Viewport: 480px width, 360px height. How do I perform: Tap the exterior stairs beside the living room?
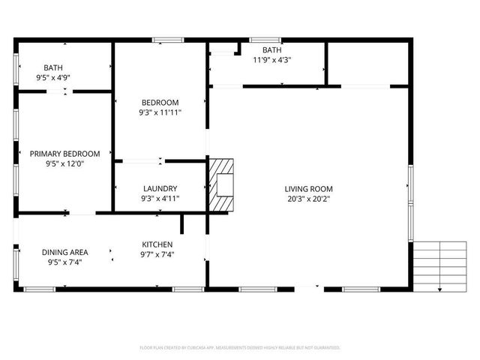click(440, 266)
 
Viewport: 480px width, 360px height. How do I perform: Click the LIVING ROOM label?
click(308, 189)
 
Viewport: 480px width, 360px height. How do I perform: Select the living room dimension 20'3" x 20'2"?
click(308, 199)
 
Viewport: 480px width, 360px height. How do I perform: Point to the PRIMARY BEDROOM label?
click(64, 154)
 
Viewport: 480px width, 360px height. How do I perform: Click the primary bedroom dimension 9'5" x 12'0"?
click(64, 163)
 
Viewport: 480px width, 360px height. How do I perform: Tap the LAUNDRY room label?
click(160, 188)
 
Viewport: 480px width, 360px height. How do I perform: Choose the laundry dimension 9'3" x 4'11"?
click(160, 199)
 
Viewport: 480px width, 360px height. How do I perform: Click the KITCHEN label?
click(157, 244)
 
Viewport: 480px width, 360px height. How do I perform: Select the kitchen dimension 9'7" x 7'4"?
click(157, 255)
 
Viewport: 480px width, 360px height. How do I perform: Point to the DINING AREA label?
click(64, 252)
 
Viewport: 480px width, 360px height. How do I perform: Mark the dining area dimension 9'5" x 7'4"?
click(64, 262)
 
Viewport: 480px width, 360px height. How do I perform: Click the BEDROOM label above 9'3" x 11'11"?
click(160, 102)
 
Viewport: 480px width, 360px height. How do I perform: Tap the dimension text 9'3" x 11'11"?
click(160, 112)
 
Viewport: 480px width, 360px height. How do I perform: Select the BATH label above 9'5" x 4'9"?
click(53, 67)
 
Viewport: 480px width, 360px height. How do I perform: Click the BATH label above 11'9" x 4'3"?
click(271, 50)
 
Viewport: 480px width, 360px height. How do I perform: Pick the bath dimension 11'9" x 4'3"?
click(271, 60)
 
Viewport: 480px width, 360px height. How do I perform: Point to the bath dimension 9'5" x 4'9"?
click(53, 77)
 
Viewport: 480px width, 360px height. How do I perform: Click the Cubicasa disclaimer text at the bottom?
click(240, 348)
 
